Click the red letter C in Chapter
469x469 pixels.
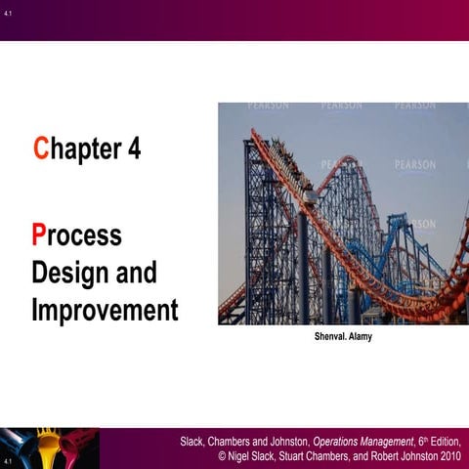point(40,149)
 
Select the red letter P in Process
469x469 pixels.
point(39,235)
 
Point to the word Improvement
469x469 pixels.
point(105,311)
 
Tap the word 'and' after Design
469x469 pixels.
point(138,273)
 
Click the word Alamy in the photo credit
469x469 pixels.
point(356,337)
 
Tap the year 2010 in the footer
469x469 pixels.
point(449,457)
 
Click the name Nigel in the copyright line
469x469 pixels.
point(249,457)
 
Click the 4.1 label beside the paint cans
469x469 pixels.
point(7,460)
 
